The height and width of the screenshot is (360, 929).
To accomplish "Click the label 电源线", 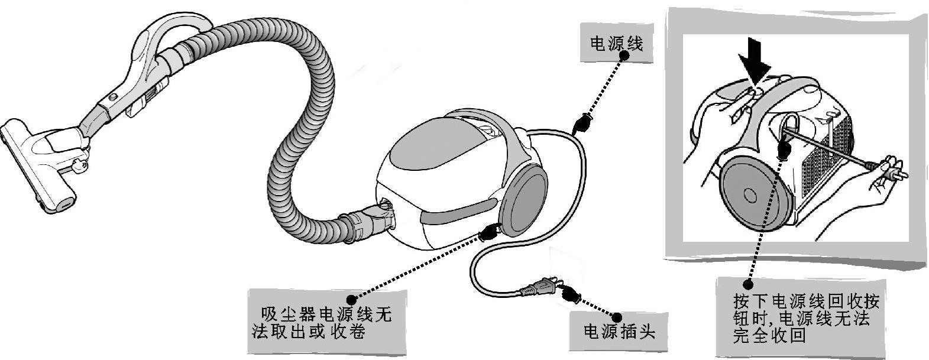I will (x=616, y=44).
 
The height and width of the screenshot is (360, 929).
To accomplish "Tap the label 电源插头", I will (x=619, y=331).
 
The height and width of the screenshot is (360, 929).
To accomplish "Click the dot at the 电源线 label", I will (x=624, y=54).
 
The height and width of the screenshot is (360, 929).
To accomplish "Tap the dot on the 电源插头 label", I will (x=617, y=317).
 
